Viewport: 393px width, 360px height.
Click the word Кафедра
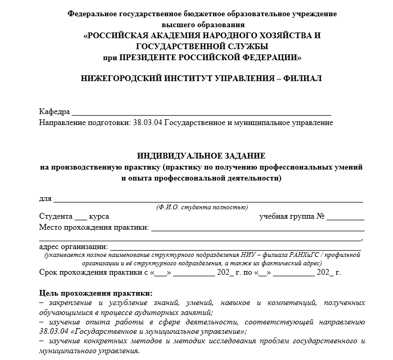(54, 113)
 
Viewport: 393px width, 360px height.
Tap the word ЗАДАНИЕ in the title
(245, 156)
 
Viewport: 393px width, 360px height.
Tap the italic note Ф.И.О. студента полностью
(201, 207)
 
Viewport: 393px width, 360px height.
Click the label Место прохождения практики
(94, 228)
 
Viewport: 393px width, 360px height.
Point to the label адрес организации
(73, 247)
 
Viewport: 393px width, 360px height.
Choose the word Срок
(49, 273)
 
